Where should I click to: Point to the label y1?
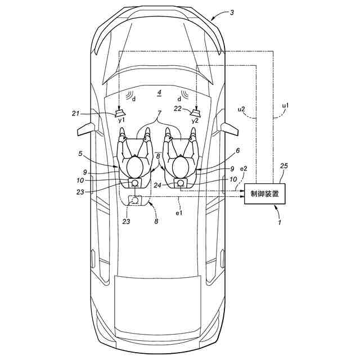click(120, 121)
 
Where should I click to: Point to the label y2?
click(195, 121)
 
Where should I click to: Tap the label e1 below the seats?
click(179, 213)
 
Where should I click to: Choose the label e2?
click(243, 168)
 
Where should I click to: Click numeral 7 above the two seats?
click(159, 115)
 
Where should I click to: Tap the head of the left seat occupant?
click(135, 166)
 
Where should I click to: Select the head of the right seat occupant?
click(181, 166)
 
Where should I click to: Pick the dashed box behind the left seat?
click(135, 200)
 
